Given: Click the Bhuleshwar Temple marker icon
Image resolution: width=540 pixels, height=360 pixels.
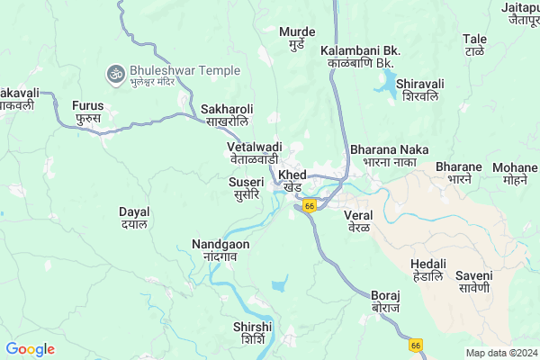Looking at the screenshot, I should [115, 72].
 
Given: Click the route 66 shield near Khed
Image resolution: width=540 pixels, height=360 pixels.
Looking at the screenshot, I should [310, 206].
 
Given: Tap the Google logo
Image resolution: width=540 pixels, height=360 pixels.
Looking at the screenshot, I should [31, 349].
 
